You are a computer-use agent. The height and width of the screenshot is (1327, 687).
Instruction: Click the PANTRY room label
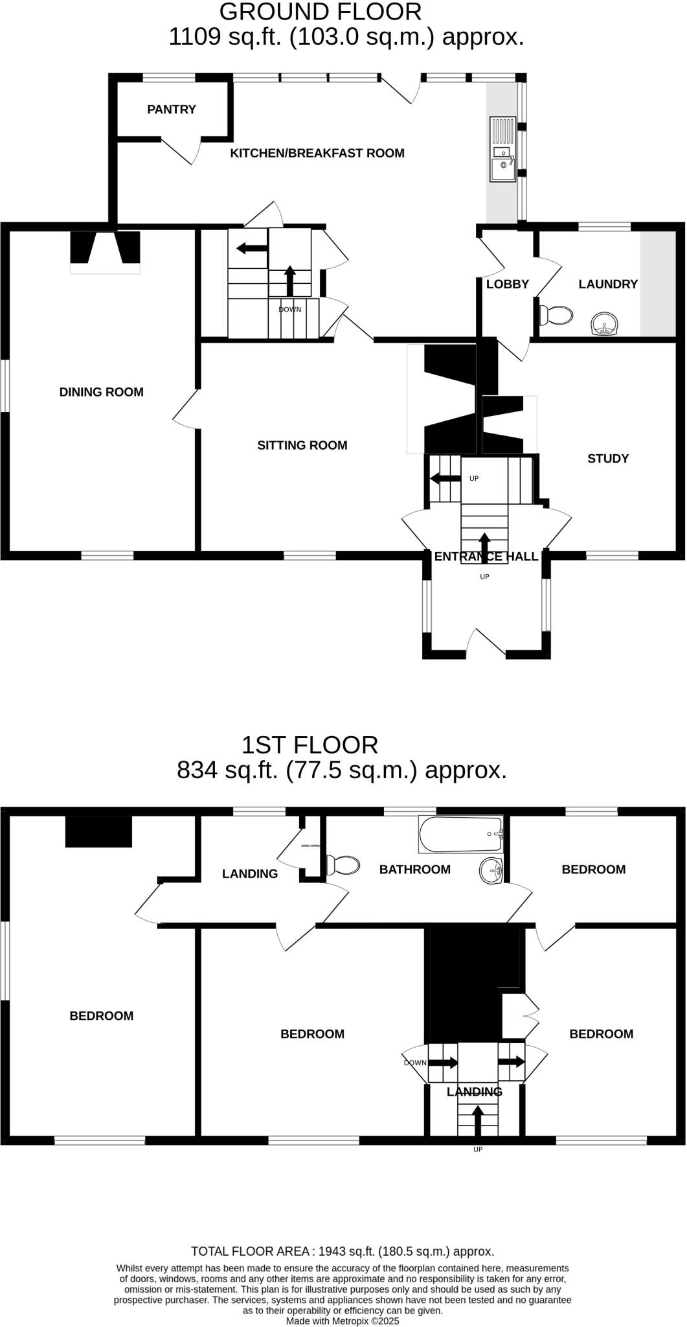(171, 110)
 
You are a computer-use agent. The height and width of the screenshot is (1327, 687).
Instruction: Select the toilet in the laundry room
(556, 316)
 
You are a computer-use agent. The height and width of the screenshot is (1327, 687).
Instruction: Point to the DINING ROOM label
(101, 392)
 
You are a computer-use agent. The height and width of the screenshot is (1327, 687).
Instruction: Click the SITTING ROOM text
(302, 445)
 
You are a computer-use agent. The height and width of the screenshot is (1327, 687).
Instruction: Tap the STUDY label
(607, 459)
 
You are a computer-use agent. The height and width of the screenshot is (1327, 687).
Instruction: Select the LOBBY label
(507, 284)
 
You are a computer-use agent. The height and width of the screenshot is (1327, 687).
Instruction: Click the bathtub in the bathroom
(460, 835)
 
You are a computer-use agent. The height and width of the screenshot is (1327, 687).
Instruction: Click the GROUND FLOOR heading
(320, 12)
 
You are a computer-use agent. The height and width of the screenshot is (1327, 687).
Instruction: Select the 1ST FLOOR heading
(309, 745)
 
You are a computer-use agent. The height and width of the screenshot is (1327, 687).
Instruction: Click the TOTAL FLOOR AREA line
(342, 1251)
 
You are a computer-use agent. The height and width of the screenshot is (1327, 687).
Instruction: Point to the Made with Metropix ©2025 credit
(343, 1321)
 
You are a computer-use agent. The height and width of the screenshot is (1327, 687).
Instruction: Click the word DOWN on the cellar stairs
(289, 310)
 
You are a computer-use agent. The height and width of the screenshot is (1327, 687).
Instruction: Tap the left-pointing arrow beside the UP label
(444, 479)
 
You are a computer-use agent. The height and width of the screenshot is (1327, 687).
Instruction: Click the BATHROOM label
(414, 870)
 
